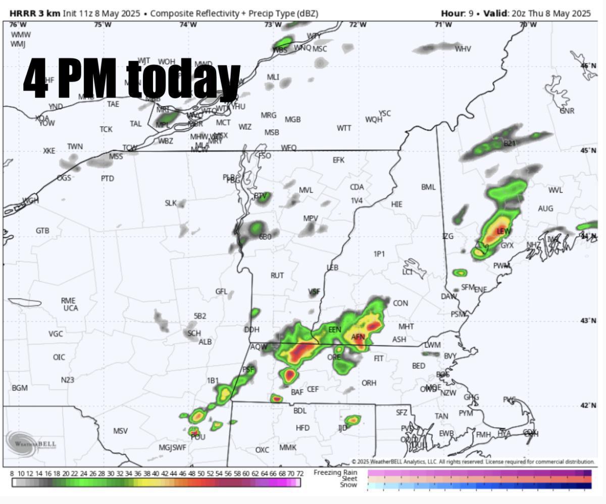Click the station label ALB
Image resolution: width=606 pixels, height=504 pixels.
click(x=205, y=342)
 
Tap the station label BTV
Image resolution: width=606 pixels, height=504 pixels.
click(x=260, y=196)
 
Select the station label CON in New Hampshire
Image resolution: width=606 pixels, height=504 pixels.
click(x=400, y=303)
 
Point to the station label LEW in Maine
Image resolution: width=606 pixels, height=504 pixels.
click(x=503, y=231)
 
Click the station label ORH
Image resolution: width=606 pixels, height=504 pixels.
click(x=369, y=383)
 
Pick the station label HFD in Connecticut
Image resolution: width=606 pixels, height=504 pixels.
click(x=302, y=428)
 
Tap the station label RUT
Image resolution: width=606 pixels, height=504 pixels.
click(x=277, y=275)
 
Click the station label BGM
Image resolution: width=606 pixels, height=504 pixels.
click(x=20, y=388)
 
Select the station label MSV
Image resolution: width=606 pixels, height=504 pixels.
click(x=120, y=431)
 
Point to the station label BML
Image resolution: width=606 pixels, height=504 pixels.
click(x=428, y=187)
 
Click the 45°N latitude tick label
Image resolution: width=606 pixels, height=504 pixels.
click(x=588, y=150)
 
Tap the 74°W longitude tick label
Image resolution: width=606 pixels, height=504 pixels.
click(x=188, y=24)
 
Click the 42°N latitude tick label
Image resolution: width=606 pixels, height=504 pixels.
click(x=588, y=406)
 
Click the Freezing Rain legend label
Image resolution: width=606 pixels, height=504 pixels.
click(x=335, y=472)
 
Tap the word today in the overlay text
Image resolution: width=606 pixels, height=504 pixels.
click(x=183, y=78)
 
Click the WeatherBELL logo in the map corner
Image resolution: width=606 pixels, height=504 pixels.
click(x=31, y=443)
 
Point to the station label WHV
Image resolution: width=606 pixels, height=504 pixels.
click(x=463, y=49)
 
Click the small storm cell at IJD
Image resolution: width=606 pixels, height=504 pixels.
click(x=352, y=420)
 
